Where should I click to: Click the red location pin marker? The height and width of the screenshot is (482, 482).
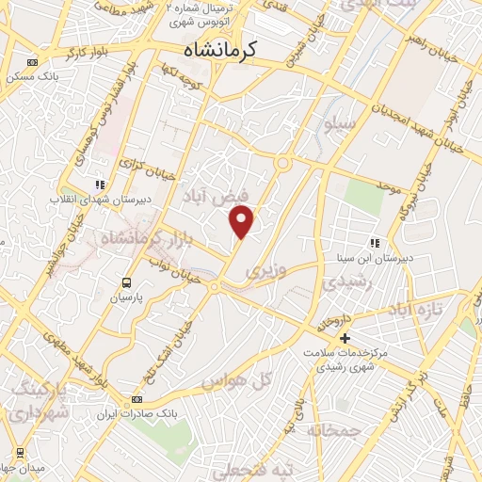pyautogui.click(x=243, y=222)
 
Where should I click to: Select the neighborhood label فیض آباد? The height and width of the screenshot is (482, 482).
pyautogui.click(x=218, y=195)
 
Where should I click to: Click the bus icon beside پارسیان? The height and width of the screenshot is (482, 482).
pyautogui.click(x=126, y=281)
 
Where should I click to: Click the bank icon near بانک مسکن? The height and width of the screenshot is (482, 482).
pyautogui.click(x=33, y=63)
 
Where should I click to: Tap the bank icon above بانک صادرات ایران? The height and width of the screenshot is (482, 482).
pyautogui.click(x=138, y=399)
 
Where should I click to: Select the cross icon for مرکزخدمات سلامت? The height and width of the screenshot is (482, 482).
pyautogui.click(x=345, y=337)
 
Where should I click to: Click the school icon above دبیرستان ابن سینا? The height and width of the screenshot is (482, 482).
pyautogui.click(x=374, y=243)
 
